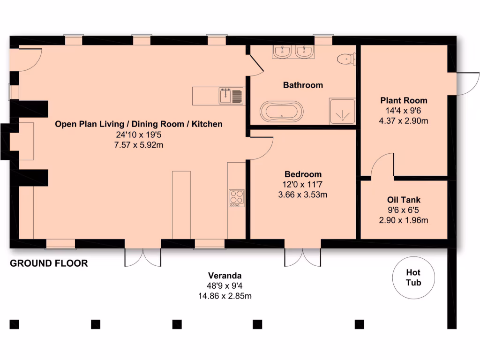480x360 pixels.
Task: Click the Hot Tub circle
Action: [x=413, y=277]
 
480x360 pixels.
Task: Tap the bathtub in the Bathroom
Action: [x=281, y=112]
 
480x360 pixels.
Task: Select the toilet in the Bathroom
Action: [x=346, y=59]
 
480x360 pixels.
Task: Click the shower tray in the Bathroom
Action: [x=342, y=111]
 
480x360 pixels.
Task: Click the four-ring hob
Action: [x=236, y=198]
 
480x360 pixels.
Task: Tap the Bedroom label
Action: [x=302, y=174]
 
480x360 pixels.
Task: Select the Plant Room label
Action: [x=404, y=100]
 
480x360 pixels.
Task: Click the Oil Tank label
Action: [x=404, y=200]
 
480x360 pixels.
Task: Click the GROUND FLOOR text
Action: [x=49, y=263]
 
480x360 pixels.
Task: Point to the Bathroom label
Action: [x=303, y=85]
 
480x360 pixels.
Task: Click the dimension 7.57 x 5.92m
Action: [x=139, y=145]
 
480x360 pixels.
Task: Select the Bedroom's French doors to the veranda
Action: [x=303, y=257]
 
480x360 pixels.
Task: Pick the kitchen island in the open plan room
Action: [x=181, y=205]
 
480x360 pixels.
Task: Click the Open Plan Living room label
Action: [x=139, y=124]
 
